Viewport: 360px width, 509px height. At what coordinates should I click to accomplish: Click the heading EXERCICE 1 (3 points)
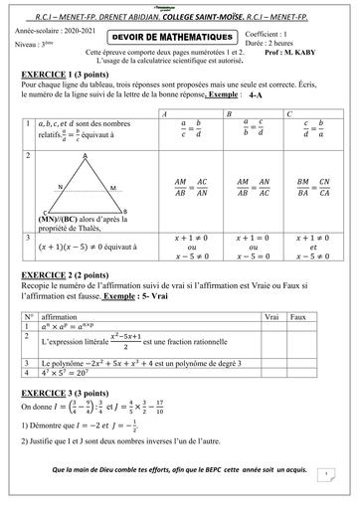(66, 76)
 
